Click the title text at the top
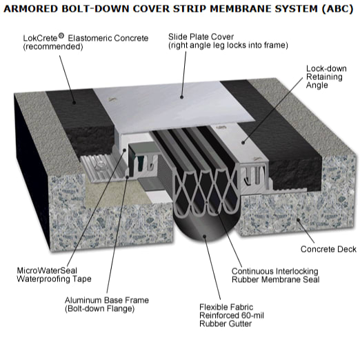click(179, 9)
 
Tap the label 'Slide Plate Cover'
click(201, 37)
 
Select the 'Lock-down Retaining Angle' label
click(326, 77)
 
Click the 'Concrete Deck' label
click(328, 249)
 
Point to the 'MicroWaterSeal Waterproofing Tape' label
click(54, 274)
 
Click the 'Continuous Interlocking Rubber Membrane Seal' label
click(275, 275)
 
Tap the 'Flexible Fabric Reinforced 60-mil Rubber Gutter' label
click(232, 315)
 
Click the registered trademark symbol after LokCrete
click(61, 36)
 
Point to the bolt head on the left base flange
click(101, 164)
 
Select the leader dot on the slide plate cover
click(181, 97)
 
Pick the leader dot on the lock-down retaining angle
click(243, 143)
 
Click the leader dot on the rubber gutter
click(204, 236)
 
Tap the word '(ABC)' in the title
click(337, 9)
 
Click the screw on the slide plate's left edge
click(112, 99)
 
